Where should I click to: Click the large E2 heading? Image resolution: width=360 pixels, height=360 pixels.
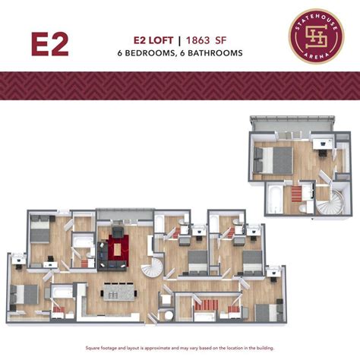coord(49,44)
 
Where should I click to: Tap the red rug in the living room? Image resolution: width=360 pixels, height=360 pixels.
coord(118,248)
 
